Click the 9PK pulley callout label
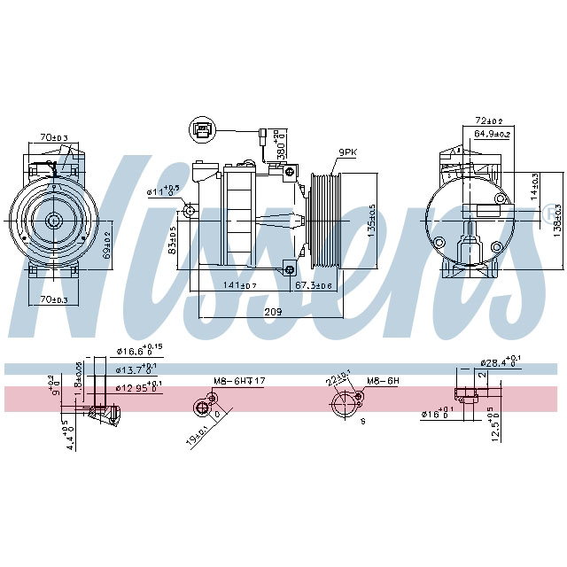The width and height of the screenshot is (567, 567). pyautogui.click(x=346, y=152)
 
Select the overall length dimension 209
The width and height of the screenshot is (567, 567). pyautogui.click(x=274, y=313)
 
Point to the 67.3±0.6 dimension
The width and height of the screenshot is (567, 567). pyautogui.click(x=314, y=285)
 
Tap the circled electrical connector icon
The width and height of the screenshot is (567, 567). pyautogui.click(x=203, y=131)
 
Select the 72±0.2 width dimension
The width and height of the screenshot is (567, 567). pyautogui.click(x=490, y=120)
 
